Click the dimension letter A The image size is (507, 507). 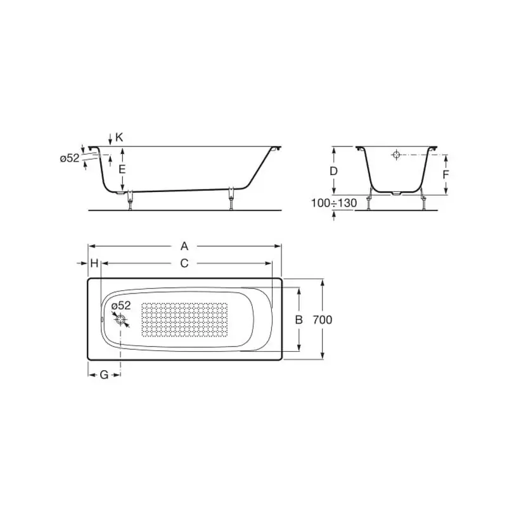pyautogui.click(x=184, y=246)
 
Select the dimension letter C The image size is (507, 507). pyautogui.click(x=184, y=263)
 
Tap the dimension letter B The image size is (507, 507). pyautogui.click(x=299, y=319)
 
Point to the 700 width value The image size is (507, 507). pyautogui.click(x=323, y=319)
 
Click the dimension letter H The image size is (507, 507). pyautogui.click(x=94, y=263)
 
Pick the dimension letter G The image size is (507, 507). pyautogui.click(x=103, y=375)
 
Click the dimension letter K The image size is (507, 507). pyautogui.click(x=119, y=137)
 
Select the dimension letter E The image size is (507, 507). pyautogui.click(x=122, y=169)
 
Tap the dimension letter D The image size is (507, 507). pyautogui.click(x=333, y=171)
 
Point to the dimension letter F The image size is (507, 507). pyautogui.click(x=446, y=174)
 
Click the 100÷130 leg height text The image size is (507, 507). pyautogui.click(x=334, y=203)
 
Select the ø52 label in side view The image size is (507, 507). pyautogui.click(x=70, y=158)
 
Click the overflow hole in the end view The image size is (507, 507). pyautogui.click(x=395, y=155)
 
